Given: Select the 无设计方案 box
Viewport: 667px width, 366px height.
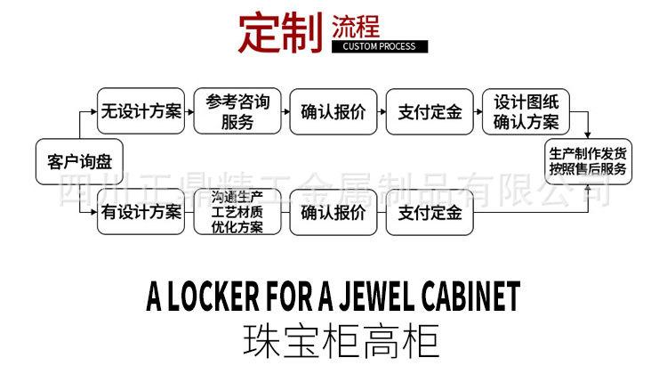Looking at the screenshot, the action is (x=141, y=112).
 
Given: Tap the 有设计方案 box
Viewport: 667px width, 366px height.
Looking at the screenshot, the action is (x=141, y=213).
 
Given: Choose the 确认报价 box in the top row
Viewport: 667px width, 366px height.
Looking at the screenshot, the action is (x=333, y=112).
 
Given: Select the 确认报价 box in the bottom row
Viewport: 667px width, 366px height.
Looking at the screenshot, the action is (x=333, y=213).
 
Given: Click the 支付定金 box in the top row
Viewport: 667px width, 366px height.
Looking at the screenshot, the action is (x=430, y=112).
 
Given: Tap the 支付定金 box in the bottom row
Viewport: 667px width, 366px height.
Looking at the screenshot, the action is (x=430, y=213).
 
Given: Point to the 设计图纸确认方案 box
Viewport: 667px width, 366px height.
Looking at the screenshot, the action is (x=526, y=112).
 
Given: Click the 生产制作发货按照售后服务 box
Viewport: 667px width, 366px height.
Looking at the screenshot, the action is (x=587, y=161).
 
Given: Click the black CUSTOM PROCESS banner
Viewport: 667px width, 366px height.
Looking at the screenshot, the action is (x=380, y=46).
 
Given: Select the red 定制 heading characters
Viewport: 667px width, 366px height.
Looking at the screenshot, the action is (x=279, y=32).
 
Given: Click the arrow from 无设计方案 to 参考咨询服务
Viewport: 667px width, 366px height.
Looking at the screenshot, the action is (x=189, y=112).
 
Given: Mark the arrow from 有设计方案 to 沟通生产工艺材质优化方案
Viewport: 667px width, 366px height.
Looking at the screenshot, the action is (x=189, y=213).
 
